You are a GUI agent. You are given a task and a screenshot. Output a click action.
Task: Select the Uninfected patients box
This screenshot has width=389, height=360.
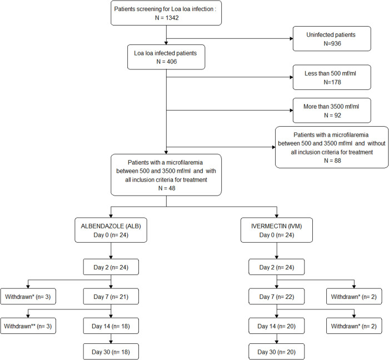[332, 39]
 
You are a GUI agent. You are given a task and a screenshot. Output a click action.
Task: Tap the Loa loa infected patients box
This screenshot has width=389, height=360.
[166, 57]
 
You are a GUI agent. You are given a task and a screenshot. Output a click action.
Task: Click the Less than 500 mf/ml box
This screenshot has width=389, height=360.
[332, 77]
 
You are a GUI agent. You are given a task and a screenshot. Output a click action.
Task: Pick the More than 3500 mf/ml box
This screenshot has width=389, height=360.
[332, 111]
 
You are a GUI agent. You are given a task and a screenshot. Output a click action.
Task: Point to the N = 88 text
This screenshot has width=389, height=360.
[332, 161]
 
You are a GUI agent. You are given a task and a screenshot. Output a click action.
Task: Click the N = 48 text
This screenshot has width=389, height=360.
[167, 188]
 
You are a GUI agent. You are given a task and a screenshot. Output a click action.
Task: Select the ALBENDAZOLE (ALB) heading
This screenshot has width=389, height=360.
[111, 226]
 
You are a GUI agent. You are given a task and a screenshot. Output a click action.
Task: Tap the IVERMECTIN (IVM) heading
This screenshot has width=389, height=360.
[277, 226]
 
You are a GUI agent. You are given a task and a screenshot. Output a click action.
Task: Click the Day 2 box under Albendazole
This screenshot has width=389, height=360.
[111, 267]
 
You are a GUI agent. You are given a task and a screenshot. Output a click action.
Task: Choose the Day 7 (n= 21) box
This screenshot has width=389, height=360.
[111, 297]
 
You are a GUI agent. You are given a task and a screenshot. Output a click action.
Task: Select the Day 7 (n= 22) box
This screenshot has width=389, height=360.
[277, 297]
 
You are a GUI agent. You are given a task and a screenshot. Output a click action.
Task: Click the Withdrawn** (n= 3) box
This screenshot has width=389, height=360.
[28, 326]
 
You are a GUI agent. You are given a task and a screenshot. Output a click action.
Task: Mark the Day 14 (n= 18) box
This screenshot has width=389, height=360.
[111, 326]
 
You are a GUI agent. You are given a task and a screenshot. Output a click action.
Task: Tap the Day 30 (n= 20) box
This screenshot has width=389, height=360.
[277, 352]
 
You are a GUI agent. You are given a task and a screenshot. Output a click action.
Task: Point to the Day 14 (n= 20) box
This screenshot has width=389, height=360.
[277, 326]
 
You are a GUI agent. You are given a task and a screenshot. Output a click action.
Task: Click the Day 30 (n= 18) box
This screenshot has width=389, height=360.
[111, 352]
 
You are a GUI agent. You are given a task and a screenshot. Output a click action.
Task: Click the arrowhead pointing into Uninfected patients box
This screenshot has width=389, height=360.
[291, 38]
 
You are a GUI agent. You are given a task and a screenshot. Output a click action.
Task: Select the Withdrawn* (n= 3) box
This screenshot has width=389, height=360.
[28, 297]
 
